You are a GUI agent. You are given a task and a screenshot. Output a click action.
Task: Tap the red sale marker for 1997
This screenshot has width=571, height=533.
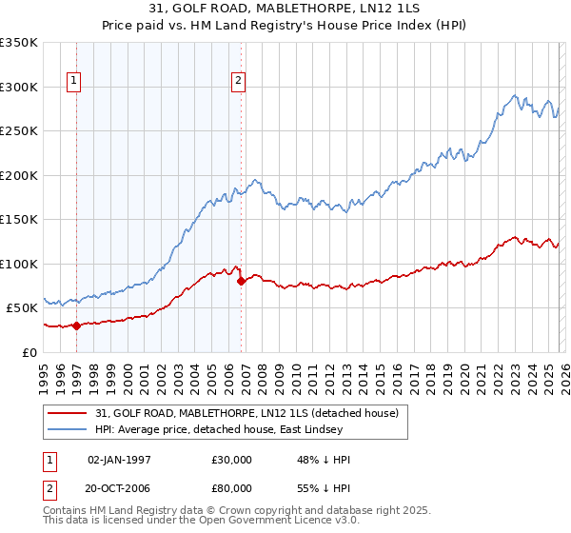(x=77, y=326)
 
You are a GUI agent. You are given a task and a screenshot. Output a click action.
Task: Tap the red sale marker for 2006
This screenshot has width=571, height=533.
(x=242, y=281)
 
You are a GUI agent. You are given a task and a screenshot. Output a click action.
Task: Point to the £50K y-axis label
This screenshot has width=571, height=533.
(x=20, y=308)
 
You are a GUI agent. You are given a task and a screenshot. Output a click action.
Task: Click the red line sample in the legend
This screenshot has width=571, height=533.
(x=69, y=413)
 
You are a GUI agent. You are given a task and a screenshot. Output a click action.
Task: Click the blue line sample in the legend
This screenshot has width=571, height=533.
(x=69, y=430)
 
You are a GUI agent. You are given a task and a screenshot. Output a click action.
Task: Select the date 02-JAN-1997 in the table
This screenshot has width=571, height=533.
(x=119, y=460)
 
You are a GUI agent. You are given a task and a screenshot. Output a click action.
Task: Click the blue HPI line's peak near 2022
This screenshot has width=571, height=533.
(x=514, y=95)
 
